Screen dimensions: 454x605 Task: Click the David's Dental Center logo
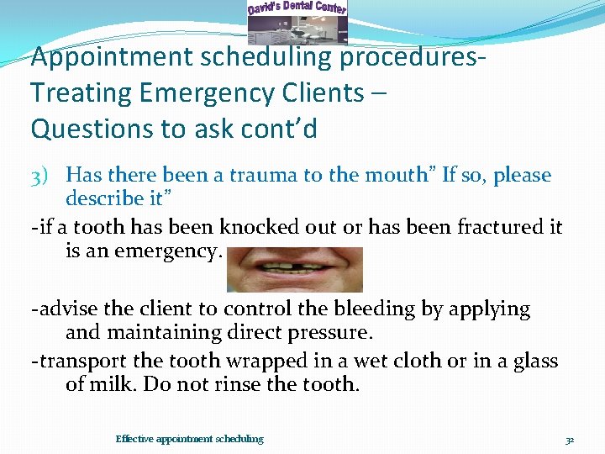coord(297,21)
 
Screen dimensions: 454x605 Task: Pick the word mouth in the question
coord(397,176)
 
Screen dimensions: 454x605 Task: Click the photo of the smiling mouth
coord(295,268)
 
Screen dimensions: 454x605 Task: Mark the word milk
coord(114,385)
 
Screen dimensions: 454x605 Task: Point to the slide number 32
coord(569,439)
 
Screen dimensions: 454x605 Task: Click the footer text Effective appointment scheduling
coord(189,439)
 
